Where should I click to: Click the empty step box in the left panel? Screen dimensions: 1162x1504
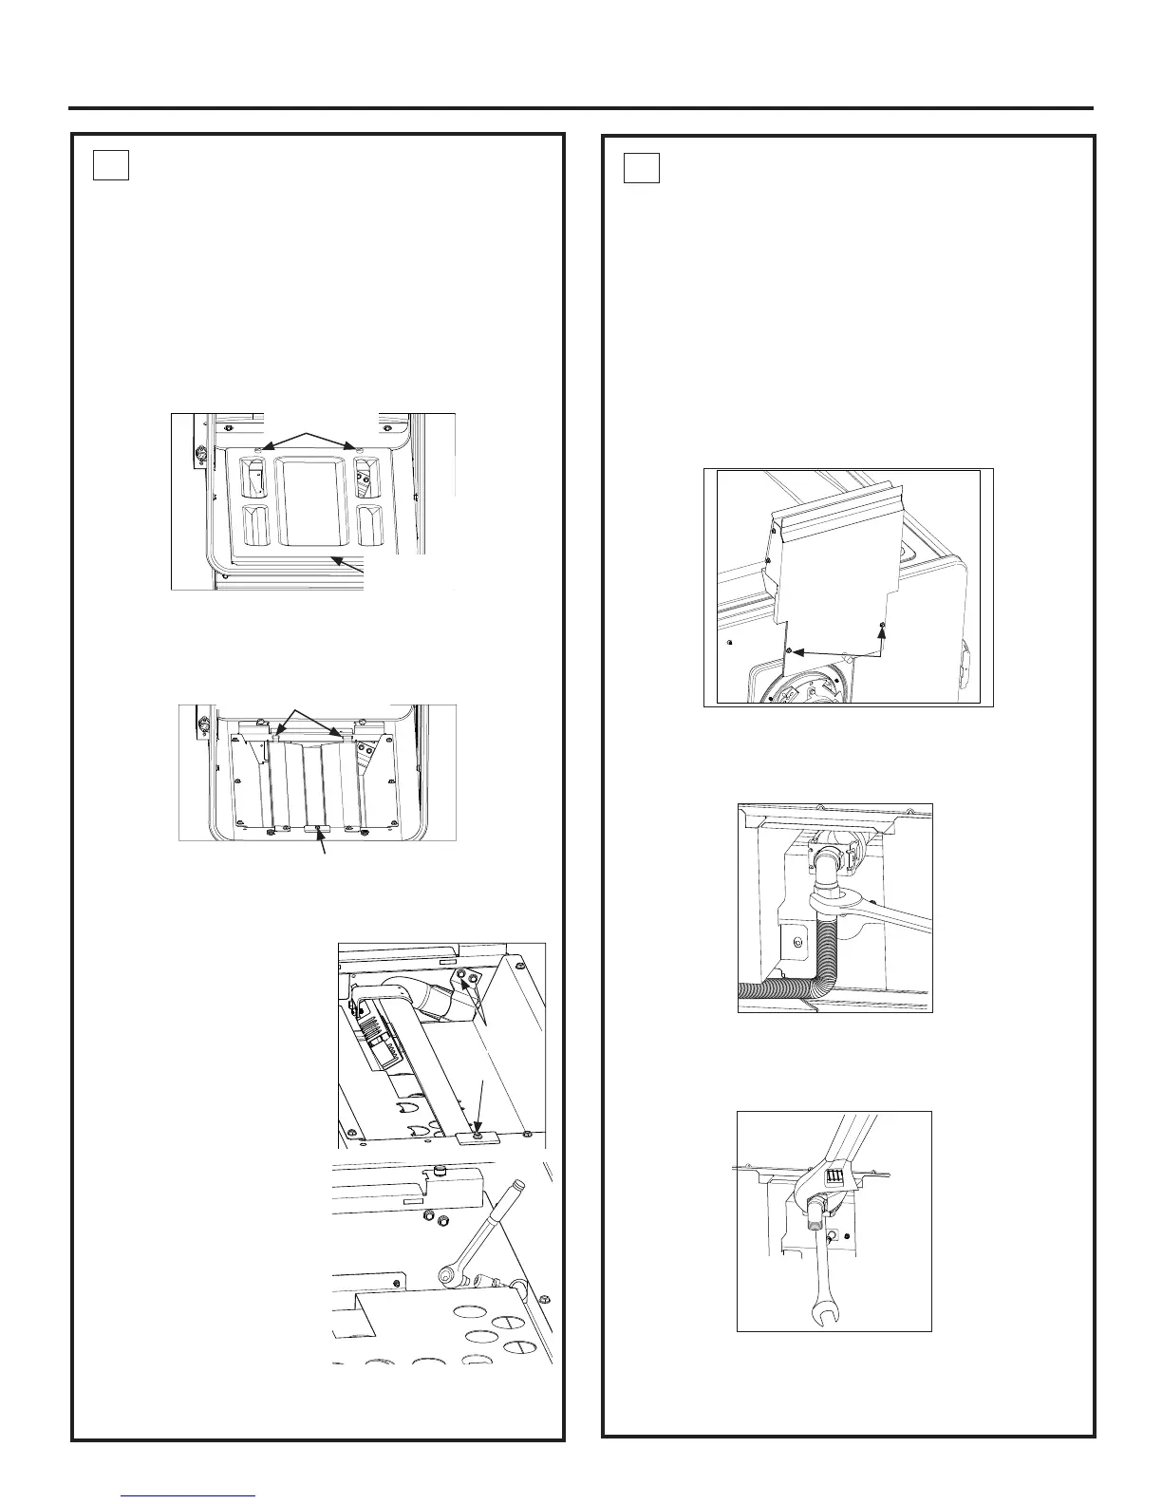tap(111, 166)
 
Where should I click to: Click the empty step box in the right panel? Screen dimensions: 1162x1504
tap(642, 168)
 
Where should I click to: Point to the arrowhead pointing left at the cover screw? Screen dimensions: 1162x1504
tap(797, 652)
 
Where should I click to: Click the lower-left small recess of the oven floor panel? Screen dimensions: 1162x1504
tap(255, 524)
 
